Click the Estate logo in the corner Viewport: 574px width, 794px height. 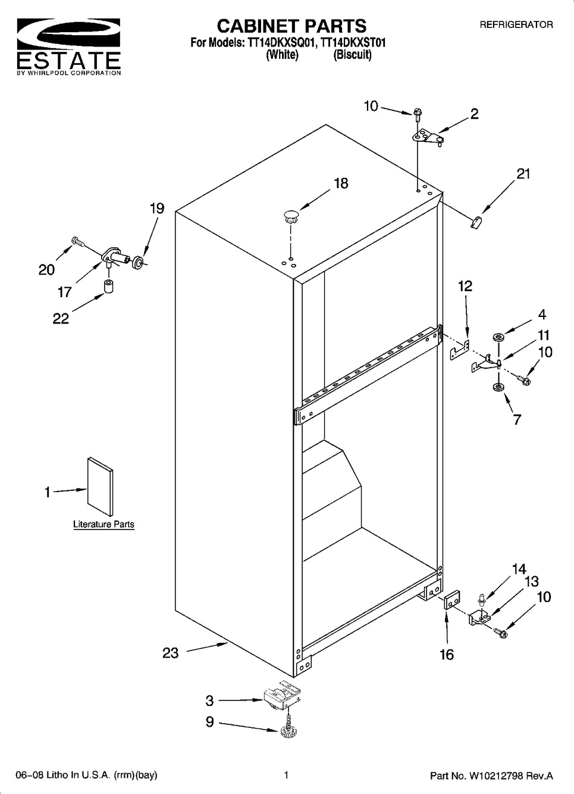coord(68,46)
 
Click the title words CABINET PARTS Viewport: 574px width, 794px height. coord(291,26)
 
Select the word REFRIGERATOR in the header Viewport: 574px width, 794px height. coord(516,25)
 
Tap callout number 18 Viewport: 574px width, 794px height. coord(341,183)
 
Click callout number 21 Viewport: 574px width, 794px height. coord(523,174)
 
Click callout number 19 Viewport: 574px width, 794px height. coord(156,208)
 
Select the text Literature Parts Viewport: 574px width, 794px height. coord(103,525)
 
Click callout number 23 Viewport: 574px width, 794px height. coord(171,653)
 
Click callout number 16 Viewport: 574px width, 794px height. coord(447,655)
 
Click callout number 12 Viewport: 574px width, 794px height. coord(465,286)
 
